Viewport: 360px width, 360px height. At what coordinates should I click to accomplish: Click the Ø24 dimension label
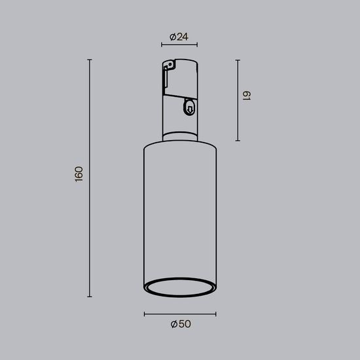pyautogui.click(x=179, y=37)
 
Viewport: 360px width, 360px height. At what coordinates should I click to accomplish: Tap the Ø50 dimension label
pyautogui.click(x=180, y=324)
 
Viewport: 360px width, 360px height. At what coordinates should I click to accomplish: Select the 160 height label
pyautogui.click(x=79, y=173)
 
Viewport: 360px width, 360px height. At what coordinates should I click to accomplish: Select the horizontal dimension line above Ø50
pyautogui.click(x=180, y=314)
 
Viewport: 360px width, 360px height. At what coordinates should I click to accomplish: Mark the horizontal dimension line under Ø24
pyautogui.click(x=179, y=46)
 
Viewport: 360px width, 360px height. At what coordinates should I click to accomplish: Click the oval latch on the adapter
pyautogui.click(x=190, y=107)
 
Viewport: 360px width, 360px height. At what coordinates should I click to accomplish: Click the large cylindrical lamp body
pyautogui.click(x=179, y=209)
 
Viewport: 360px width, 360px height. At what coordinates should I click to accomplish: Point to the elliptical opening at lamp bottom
pyautogui.click(x=180, y=290)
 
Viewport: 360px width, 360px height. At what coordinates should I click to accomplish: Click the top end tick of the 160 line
pyautogui.click(x=89, y=60)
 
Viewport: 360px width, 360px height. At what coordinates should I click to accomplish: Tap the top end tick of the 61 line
pyautogui.click(x=238, y=60)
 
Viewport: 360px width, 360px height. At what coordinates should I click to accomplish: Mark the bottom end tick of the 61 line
pyautogui.click(x=238, y=141)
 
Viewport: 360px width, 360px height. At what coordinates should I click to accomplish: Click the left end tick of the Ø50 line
pyautogui.click(x=144, y=314)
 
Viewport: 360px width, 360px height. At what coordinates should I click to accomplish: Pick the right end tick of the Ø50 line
pyautogui.click(x=216, y=314)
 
